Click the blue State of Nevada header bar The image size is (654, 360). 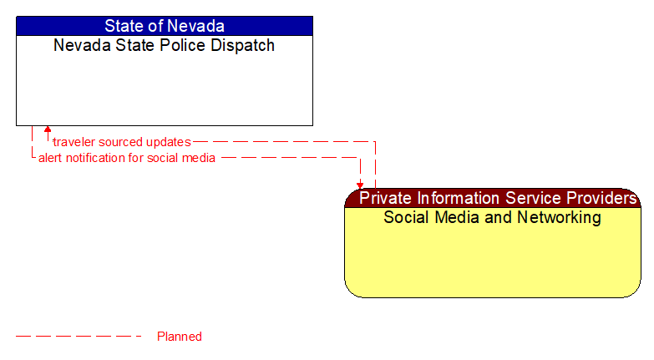click(x=164, y=26)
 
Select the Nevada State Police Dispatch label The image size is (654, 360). click(x=164, y=46)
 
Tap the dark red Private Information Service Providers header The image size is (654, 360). click(x=493, y=198)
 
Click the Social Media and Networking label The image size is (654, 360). click(x=492, y=218)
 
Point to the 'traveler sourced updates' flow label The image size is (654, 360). click(x=122, y=142)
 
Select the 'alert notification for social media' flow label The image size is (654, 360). click(x=127, y=158)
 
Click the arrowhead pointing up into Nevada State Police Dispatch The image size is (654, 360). click(x=48, y=130)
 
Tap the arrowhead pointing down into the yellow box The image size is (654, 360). click(x=360, y=185)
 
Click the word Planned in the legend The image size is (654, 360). click(x=180, y=337)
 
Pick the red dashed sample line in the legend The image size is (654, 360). click(x=79, y=337)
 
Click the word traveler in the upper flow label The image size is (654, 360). click(x=73, y=142)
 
